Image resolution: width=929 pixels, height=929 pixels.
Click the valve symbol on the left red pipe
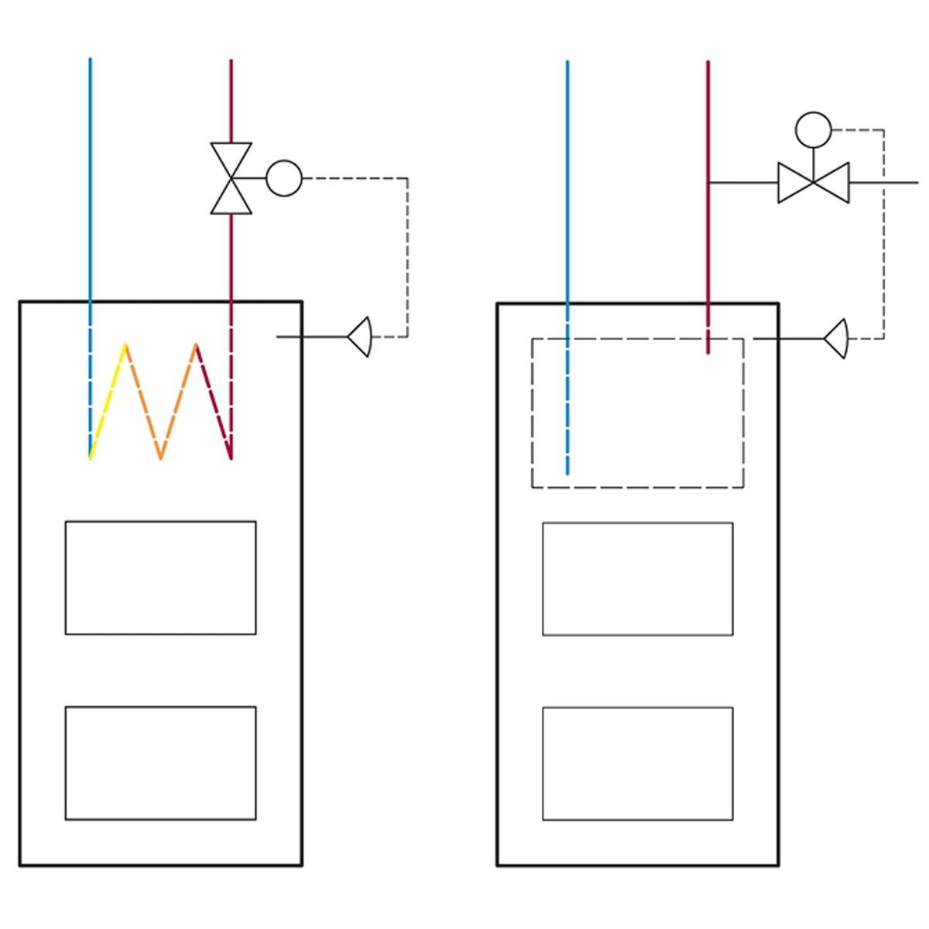(231, 178)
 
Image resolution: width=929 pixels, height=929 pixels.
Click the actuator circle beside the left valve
(284, 178)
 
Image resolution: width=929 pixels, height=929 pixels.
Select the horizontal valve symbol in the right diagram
(813, 183)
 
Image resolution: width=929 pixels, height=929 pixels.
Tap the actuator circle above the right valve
(813, 130)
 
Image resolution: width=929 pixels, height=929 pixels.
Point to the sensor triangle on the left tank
(360, 337)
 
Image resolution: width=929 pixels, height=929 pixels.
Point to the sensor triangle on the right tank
(837, 338)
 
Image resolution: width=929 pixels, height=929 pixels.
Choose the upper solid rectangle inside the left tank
(160, 578)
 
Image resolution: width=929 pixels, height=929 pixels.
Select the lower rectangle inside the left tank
(160, 763)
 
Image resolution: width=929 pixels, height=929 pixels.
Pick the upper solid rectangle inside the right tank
(637, 579)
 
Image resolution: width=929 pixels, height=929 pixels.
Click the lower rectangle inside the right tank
(637, 763)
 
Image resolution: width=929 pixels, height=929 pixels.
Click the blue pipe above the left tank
(90, 178)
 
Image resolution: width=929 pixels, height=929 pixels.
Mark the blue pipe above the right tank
(567, 178)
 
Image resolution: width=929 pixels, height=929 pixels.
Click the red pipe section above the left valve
(231, 101)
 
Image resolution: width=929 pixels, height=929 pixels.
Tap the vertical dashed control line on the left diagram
(407, 255)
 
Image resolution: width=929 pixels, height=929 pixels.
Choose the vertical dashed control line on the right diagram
(883, 232)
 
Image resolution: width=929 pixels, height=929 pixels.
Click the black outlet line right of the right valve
(883, 183)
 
